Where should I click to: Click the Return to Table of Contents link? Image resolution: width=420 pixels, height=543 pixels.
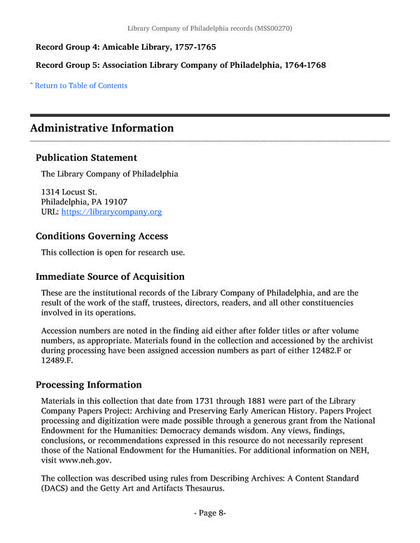pos(80,85)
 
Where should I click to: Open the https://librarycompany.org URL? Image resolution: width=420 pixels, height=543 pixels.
pos(111,211)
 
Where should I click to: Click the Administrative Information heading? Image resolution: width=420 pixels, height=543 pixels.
pos(102,128)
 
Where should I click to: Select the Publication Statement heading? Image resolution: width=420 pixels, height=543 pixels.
pos(86,157)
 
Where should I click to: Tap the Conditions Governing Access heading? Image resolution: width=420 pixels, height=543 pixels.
pos(101,236)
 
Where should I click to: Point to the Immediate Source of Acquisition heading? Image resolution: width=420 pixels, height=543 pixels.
pos(110,276)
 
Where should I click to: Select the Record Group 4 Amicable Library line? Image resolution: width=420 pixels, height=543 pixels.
pos(126,47)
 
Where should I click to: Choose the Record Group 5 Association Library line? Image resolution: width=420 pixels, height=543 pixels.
pos(181,65)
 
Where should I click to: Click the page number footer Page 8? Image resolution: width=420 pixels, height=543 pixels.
pos(210,513)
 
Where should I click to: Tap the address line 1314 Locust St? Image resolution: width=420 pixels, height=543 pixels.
pos(69,191)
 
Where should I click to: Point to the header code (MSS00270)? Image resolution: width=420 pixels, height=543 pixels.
pos(268,28)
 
